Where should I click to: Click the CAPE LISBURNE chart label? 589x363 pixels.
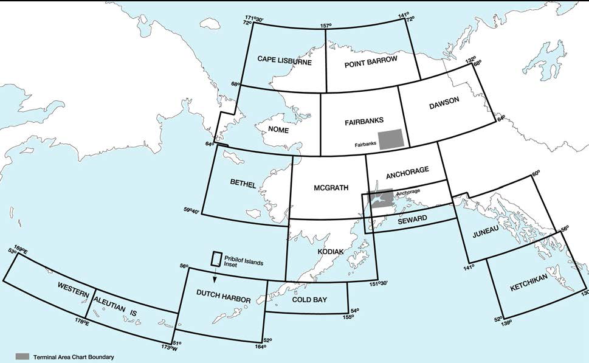284,60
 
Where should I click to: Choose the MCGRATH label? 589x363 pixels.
331,188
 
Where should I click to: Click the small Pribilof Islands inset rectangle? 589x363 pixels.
216,258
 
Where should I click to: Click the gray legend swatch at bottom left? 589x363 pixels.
22,356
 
